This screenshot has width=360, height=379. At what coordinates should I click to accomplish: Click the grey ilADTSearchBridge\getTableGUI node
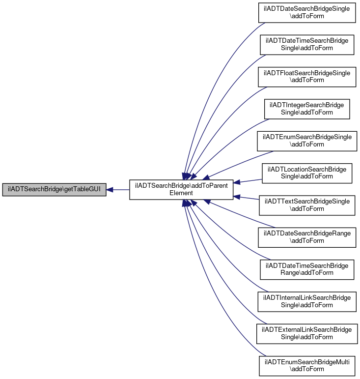[x=54, y=190]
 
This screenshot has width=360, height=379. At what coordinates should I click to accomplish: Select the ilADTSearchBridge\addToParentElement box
[x=181, y=190]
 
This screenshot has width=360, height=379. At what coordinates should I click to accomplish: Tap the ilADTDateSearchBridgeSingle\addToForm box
[x=307, y=13]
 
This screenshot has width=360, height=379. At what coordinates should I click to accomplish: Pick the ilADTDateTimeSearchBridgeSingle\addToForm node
[x=307, y=45]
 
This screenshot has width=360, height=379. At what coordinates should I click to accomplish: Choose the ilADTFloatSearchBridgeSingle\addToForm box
[x=307, y=77]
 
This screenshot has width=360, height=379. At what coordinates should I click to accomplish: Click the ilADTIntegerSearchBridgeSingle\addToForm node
[x=307, y=109]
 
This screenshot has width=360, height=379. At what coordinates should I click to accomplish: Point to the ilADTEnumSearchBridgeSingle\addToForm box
[x=307, y=141]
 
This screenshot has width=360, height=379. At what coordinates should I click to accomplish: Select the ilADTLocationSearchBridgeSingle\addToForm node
[x=307, y=174]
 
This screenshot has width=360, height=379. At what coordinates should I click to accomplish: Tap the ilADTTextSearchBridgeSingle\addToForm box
[x=307, y=205]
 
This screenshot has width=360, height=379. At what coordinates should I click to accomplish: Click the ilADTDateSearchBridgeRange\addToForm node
[x=307, y=237]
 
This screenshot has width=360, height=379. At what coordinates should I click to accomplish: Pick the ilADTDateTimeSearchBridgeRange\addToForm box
[x=307, y=269]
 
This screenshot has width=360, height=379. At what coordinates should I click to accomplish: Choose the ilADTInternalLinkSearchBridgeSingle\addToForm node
[x=307, y=302]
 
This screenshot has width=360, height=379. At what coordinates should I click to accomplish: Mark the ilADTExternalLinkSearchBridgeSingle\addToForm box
[x=307, y=334]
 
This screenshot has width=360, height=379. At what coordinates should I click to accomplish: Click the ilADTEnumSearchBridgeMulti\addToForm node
[x=307, y=366]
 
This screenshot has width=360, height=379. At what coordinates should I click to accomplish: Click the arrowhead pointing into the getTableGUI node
[x=110, y=190]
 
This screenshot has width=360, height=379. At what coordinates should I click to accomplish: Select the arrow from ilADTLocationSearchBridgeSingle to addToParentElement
[x=248, y=181]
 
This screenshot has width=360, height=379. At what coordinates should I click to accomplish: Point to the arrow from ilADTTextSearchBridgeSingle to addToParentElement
[x=246, y=198]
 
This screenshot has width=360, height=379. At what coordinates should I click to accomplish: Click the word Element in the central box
[x=181, y=193]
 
